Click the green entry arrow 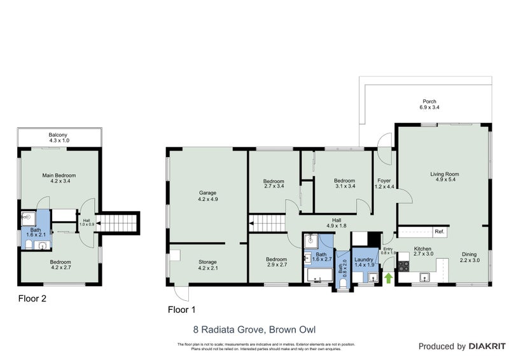388,277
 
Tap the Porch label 429,104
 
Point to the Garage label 207,195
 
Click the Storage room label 207,265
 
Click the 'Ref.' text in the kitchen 438,232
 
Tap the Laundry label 363,262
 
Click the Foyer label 384,183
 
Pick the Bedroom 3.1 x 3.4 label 344,184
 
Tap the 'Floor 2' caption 32,298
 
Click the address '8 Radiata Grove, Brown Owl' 254,329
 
